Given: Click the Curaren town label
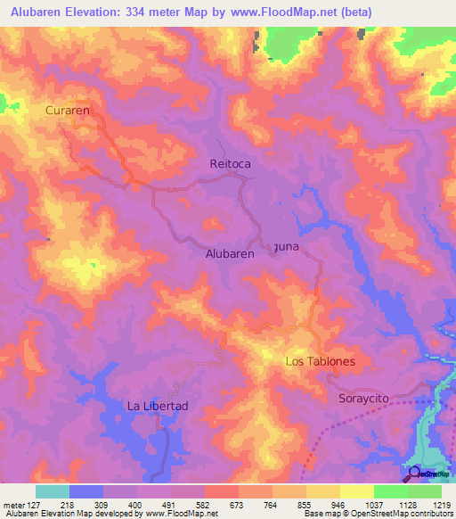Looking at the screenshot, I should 69,110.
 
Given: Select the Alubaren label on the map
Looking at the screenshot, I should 230,253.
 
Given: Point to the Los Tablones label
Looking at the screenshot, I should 320,362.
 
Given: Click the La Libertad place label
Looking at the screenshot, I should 158,406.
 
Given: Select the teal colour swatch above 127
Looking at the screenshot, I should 53,491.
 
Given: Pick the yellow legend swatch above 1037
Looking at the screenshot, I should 356,491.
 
